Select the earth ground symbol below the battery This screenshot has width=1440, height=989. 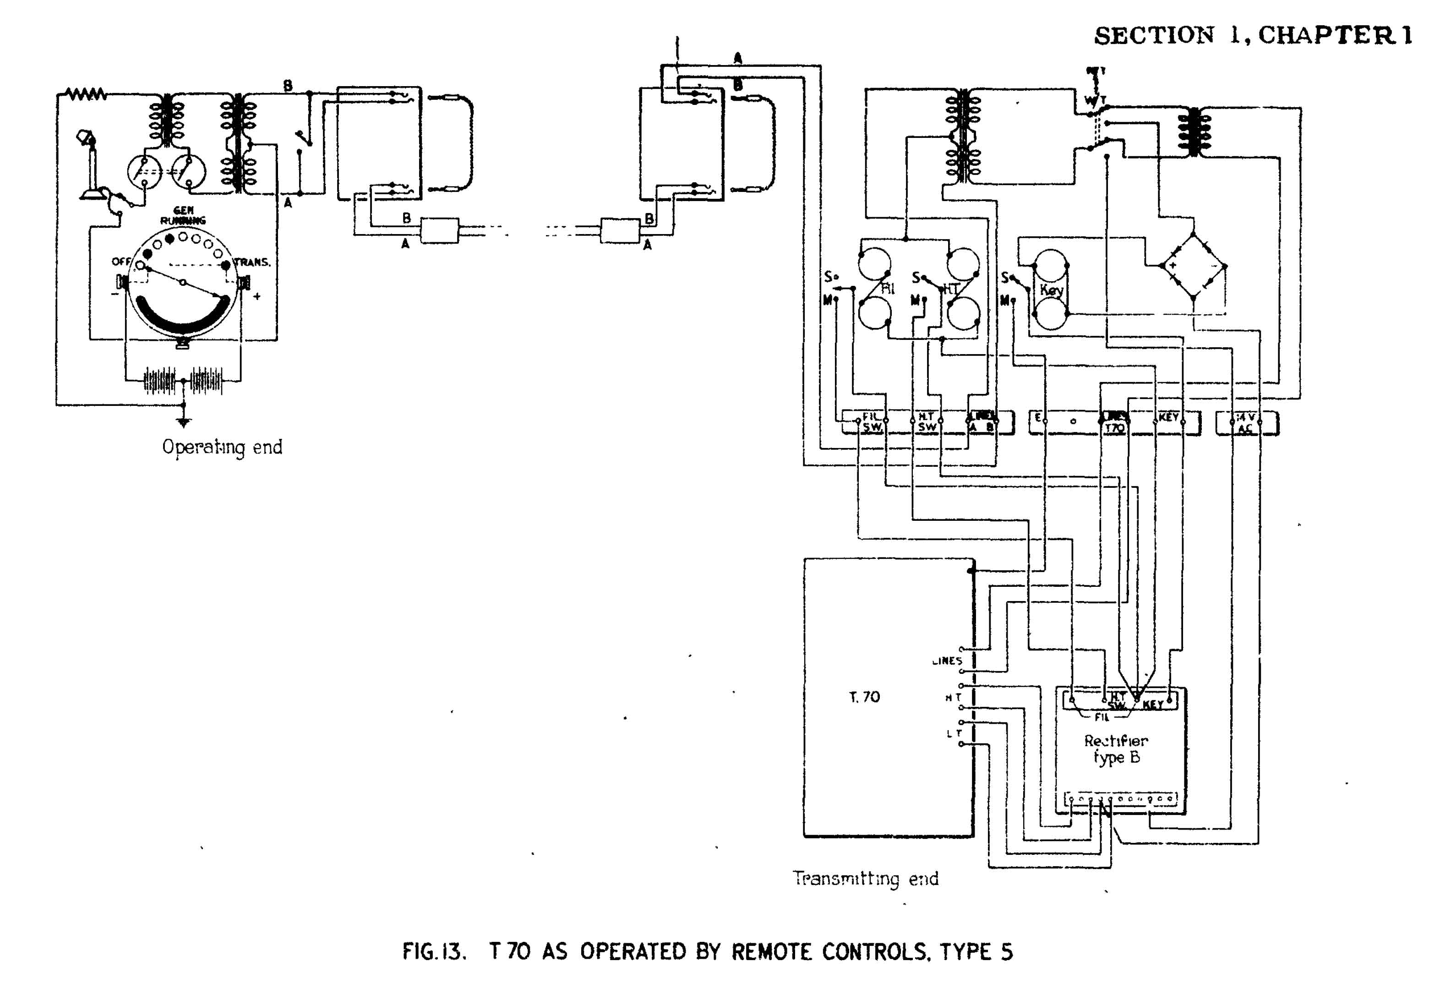183,423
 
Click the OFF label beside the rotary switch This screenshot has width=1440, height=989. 121,262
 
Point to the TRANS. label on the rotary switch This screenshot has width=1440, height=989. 252,262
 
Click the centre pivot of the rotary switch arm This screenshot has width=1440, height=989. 183,283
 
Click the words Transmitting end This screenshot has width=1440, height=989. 866,879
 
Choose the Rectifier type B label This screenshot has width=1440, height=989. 1116,749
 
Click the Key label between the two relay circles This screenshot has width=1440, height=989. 1052,290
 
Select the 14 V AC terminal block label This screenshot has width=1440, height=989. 1245,423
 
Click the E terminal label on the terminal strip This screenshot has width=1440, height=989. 1038,418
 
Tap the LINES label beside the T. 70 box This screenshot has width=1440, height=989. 947,661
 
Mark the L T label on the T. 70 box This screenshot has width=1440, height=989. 953,734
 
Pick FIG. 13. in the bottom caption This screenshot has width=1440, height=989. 434,951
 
